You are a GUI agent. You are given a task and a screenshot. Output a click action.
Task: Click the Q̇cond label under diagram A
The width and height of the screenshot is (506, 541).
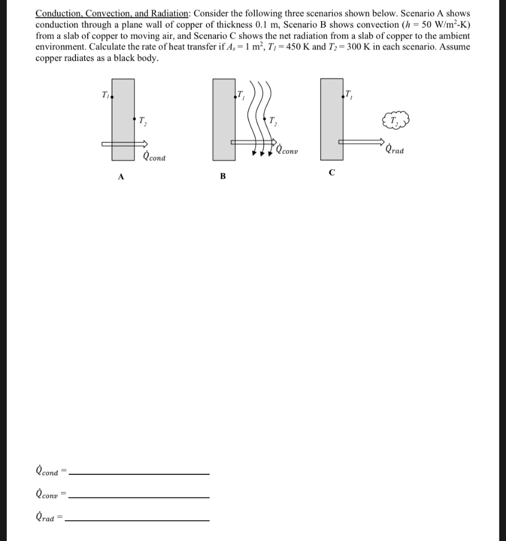154,156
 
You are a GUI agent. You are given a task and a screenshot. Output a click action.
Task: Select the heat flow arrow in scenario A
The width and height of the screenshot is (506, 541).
126,143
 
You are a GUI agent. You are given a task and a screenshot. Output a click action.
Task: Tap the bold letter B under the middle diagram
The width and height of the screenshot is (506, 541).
222,176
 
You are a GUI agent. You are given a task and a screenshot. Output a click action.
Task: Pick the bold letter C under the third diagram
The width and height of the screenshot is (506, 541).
332,172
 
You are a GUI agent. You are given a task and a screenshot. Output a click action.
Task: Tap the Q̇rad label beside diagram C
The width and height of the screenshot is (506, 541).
396,150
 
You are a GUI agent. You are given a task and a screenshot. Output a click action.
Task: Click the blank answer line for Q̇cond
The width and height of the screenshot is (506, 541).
139,473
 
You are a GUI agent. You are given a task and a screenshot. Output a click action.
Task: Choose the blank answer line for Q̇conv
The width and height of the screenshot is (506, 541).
139,497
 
